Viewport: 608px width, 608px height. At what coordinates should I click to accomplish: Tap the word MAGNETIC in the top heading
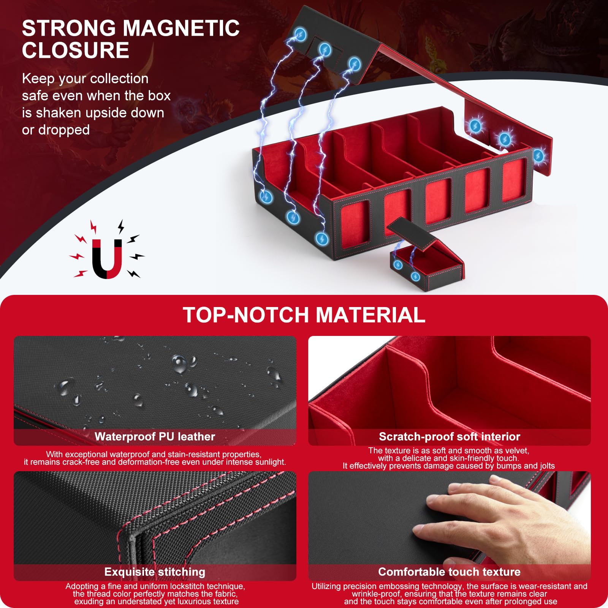[x=181, y=28]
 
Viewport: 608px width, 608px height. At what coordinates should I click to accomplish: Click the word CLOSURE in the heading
[x=76, y=51]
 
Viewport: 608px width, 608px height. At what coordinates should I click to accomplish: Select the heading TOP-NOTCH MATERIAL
[x=304, y=315]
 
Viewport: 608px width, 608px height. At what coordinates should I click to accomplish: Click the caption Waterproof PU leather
[x=155, y=437]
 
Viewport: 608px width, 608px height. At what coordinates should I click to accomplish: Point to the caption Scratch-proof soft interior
[x=450, y=437]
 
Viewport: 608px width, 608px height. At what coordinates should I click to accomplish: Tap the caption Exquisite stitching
[x=155, y=572]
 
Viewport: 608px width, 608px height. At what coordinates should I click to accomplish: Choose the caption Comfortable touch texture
[x=450, y=572]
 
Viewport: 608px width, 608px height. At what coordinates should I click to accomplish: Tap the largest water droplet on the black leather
[x=180, y=364]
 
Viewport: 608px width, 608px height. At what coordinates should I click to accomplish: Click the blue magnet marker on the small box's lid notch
[x=398, y=265]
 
